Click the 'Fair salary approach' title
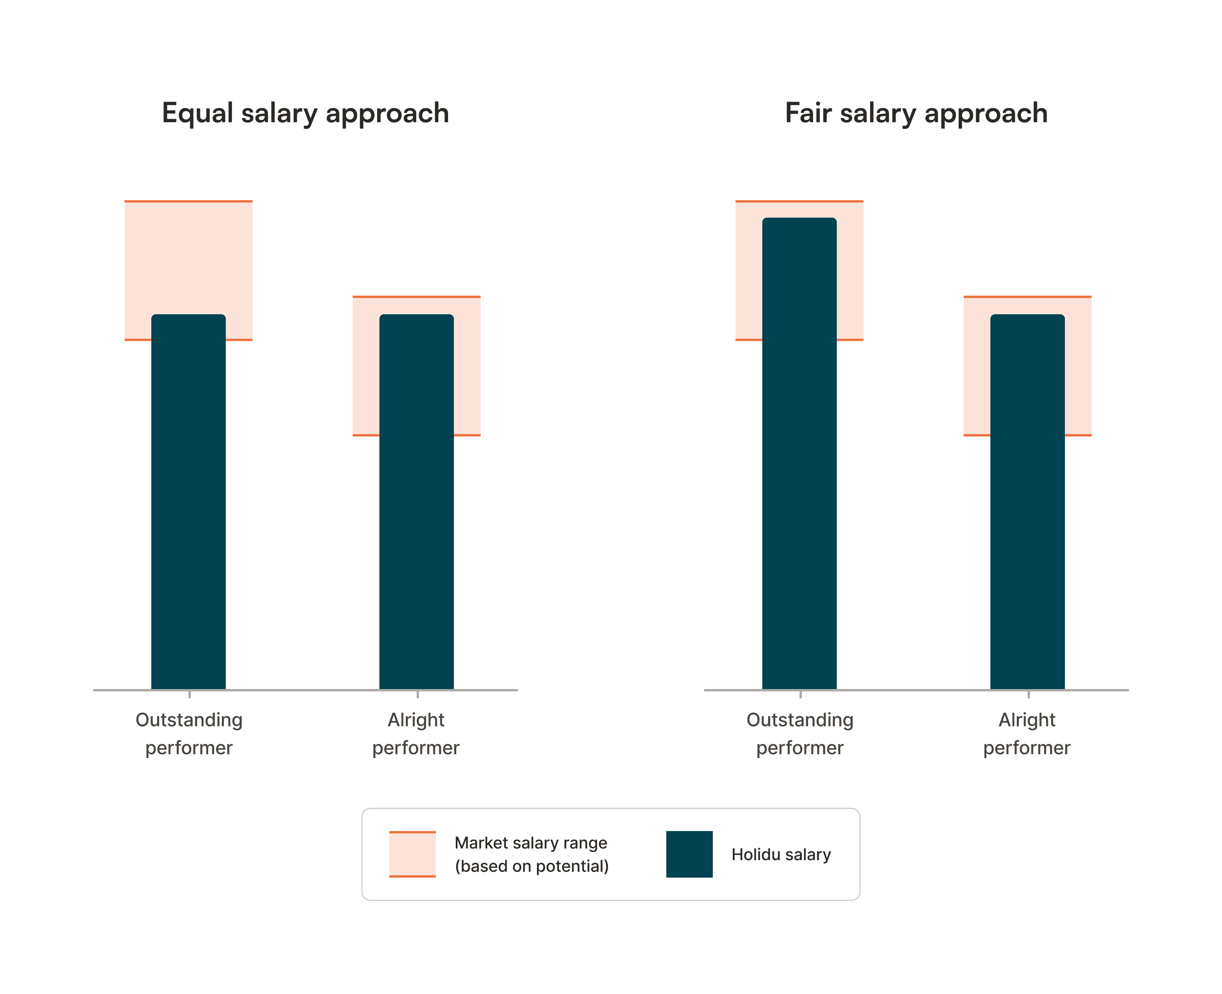pos(916,113)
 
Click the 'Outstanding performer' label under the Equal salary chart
pos(189,734)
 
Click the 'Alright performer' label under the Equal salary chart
pos(416,734)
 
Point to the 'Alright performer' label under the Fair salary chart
pos(1027,734)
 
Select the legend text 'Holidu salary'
pos(781,854)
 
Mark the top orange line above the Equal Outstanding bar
pos(188,201)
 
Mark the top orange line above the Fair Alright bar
pos(1027,296)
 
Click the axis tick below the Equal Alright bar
pos(417,694)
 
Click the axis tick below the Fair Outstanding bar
pos(800,694)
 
